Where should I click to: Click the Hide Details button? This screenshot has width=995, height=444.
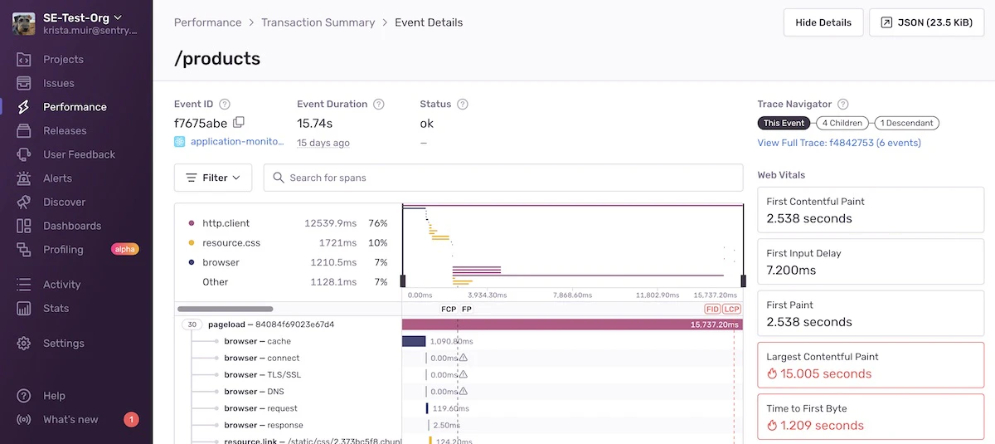click(x=823, y=22)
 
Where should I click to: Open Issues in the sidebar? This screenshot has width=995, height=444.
click(x=58, y=83)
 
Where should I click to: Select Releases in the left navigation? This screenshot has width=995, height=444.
click(x=65, y=130)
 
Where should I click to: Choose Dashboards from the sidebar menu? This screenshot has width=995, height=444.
click(x=72, y=226)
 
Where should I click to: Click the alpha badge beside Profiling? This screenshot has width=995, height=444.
click(x=124, y=249)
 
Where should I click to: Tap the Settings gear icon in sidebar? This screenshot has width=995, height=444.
click(x=24, y=344)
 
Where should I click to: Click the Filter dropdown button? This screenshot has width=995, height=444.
click(x=213, y=178)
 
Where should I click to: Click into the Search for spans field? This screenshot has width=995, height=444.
click(x=503, y=178)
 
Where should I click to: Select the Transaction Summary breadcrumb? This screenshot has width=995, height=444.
click(x=318, y=22)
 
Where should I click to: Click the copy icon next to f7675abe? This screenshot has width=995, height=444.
click(x=239, y=123)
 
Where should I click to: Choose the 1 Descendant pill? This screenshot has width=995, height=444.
click(x=906, y=123)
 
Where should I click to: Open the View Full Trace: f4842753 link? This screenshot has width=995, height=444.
click(x=838, y=143)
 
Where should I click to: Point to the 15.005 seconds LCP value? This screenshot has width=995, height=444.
click(x=818, y=374)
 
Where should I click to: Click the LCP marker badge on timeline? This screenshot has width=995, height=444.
click(x=731, y=309)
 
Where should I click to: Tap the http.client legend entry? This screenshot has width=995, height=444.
click(x=226, y=223)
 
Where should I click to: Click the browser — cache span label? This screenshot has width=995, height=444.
click(x=257, y=341)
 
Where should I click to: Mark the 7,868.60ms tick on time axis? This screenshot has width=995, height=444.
click(x=570, y=295)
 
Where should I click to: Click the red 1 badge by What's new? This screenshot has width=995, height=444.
click(x=131, y=419)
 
